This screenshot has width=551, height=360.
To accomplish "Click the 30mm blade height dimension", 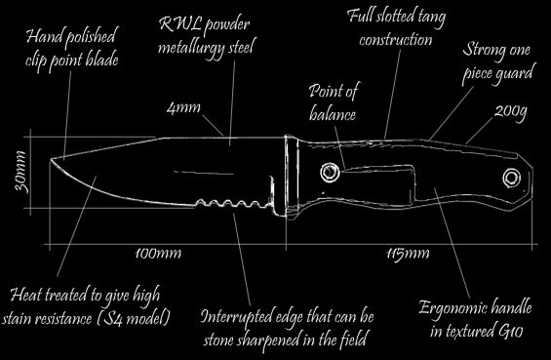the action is (20, 172).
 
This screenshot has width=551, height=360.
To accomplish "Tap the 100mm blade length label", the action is (158, 254).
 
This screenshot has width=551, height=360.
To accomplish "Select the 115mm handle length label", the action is (408, 254).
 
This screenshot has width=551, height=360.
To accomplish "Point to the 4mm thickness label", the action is (183, 107).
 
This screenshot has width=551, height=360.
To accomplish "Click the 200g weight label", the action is (511, 112).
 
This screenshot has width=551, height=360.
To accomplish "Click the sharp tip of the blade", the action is (51, 159).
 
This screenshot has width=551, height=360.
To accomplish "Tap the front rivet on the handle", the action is (330, 173).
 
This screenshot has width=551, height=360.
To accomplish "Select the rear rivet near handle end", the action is (511, 178).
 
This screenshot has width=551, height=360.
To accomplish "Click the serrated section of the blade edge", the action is (233, 204).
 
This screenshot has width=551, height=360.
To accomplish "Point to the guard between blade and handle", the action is (291, 176).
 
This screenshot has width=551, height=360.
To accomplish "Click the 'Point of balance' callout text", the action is (334, 102).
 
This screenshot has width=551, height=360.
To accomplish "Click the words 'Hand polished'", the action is (70, 36).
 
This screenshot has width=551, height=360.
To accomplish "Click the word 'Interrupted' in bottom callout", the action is (238, 317).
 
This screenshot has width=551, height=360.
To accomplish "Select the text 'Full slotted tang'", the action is (396, 16).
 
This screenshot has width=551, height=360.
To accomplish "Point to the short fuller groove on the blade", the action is (204, 173).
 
